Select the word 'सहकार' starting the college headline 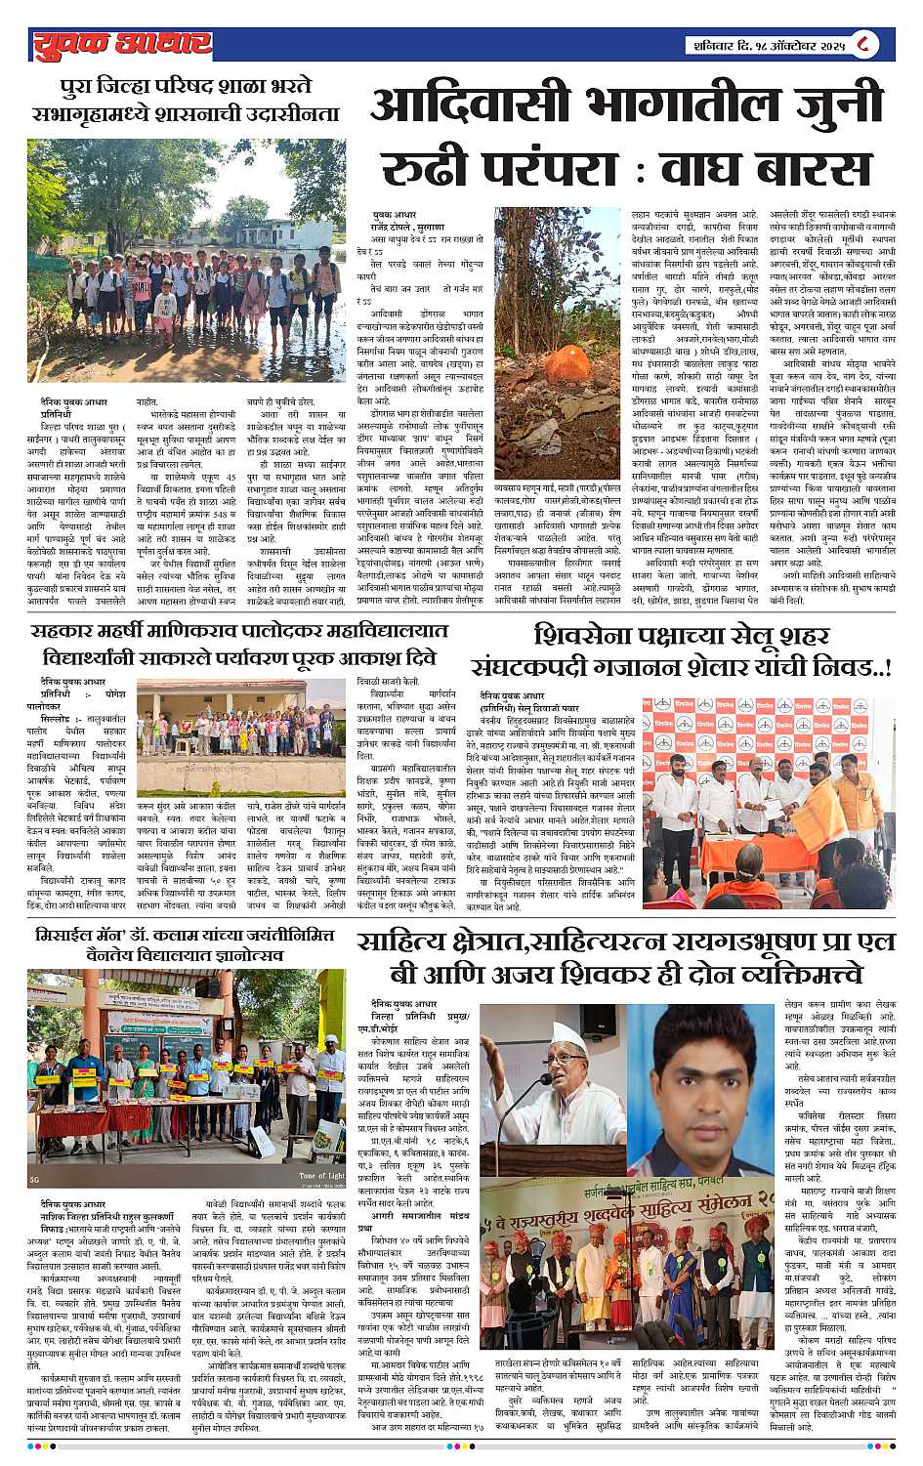click(x=86, y=632)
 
